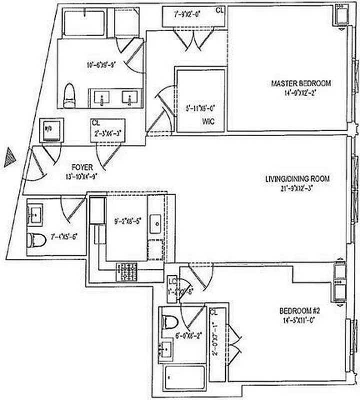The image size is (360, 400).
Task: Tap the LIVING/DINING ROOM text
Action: coord(298,178)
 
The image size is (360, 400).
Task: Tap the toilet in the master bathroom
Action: coord(69,95)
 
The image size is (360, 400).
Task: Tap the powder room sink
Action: coord(35,215)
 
